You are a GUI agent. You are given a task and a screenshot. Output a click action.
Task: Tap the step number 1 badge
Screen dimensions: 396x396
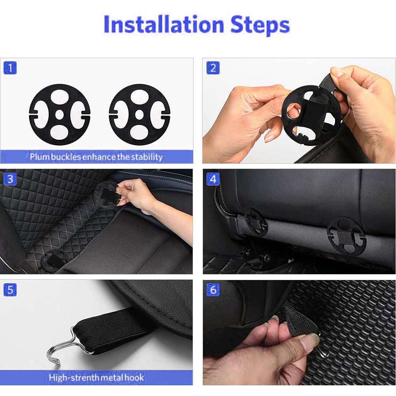10,68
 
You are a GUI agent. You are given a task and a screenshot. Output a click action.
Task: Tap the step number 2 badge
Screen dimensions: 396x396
213,68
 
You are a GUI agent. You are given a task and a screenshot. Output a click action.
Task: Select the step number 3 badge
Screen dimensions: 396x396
10,179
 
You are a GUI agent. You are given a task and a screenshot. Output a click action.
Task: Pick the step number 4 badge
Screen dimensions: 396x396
213,179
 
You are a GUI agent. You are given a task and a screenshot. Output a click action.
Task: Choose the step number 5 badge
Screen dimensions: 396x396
10,290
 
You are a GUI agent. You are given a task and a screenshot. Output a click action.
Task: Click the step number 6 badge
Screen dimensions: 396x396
213,290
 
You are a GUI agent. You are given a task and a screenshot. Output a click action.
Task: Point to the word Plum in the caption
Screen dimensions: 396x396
39,157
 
